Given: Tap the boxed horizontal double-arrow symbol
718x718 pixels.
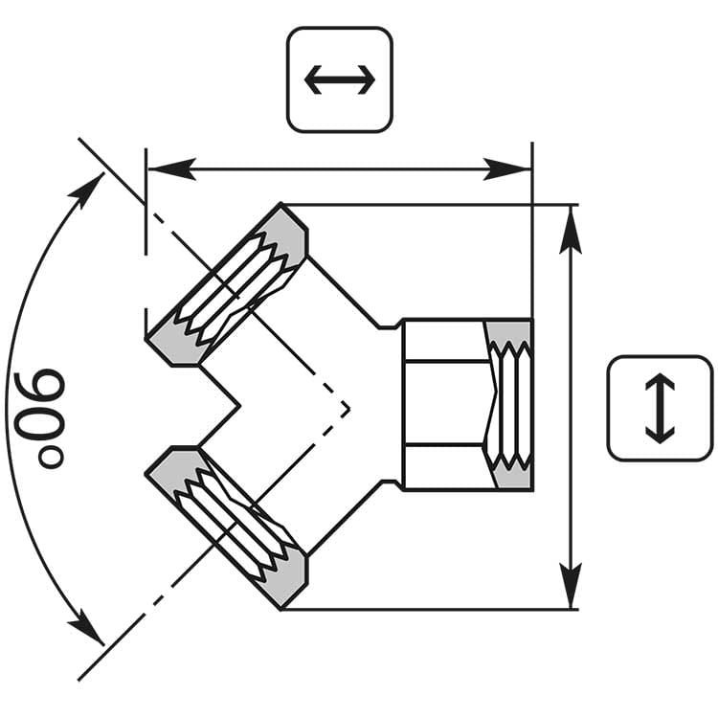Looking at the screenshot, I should coord(340,79).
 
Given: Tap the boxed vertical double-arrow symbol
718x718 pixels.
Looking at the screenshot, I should coord(660,408).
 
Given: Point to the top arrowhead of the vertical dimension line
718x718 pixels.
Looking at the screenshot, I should coord(571,224).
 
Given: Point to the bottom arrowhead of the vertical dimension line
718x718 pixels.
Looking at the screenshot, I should coord(571,590).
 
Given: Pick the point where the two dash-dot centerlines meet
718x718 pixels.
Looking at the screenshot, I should coord(349,409).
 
